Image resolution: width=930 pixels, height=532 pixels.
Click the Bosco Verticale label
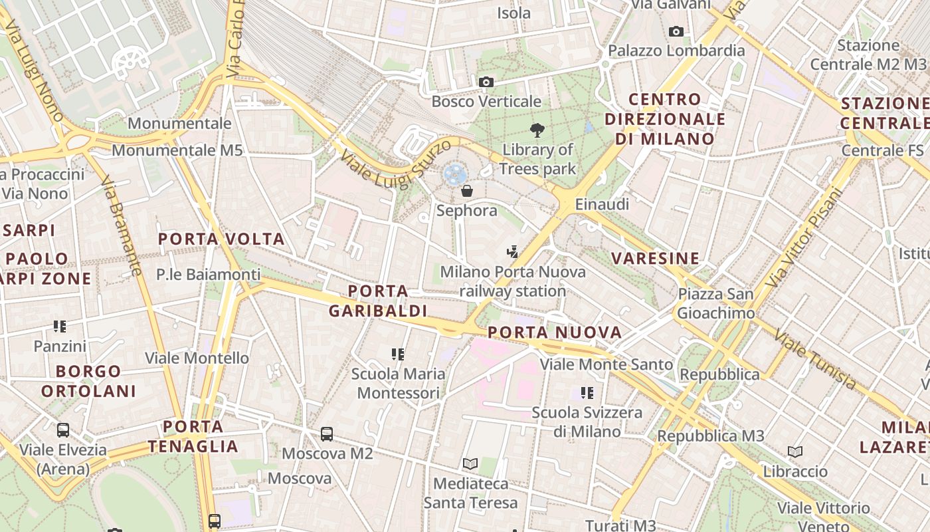click(x=486, y=102)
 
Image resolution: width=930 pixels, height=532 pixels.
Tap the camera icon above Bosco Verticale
click(x=486, y=82)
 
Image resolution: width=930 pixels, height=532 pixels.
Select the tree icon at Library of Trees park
click(x=537, y=130)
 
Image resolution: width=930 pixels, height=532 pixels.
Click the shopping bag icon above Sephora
click(x=467, y=191)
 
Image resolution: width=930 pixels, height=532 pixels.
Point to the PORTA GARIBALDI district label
click(x=378, y=301)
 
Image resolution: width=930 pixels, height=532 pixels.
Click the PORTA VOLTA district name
click(x=221, y=239)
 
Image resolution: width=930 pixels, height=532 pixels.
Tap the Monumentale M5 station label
click(x=177, y=150)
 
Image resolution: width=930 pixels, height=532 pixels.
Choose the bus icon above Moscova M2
click(x=327, y=434)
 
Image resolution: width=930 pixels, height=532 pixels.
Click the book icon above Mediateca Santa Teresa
click(x=470, y=463)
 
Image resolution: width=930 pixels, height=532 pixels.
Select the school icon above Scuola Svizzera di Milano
click(x=587, y=393)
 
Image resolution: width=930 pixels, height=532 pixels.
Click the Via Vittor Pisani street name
click(x=804, y=238)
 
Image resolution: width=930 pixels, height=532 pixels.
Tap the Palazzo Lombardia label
click(x=676, y=51)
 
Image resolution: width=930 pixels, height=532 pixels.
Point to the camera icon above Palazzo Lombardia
click(x=676, y=31)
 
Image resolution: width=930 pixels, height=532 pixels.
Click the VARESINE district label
click(x=656, y=258)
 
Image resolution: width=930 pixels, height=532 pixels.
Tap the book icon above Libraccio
click(x=795, y=452)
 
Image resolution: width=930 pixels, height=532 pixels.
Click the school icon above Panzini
click(x=60, y=327)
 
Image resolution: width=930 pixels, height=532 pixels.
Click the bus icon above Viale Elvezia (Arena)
click(x=63, y=430)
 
